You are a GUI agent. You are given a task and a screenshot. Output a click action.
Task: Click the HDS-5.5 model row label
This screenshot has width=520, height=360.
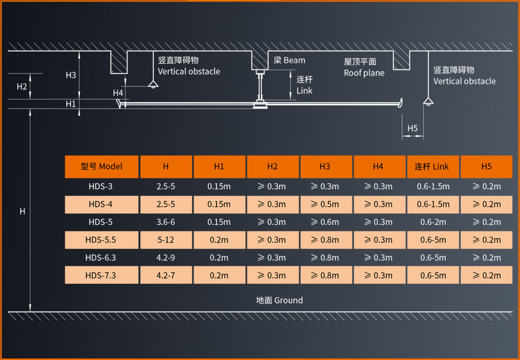pyautogui.click(x=101, y=240)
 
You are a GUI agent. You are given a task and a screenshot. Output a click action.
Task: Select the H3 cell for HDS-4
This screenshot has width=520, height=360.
pyautogui.click(x=325, y=204)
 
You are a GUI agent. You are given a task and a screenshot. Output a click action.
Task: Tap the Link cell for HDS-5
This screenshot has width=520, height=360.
pyautogui.click(x=433, y=222)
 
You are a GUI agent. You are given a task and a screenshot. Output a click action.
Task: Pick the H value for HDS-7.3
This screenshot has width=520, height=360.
pyautogui.click(x=166, y=275)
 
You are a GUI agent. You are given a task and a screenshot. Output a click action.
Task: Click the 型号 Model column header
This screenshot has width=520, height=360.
pyautogui.click(x=101, y=166)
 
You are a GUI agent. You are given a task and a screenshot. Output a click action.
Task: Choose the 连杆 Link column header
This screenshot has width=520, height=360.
pyautogui.click(x=432, y=166)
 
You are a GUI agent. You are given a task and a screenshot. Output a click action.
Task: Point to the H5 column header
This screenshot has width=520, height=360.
pyautogui.click(x=487, y=166)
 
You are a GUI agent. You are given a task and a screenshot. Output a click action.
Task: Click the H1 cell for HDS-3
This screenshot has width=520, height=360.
pyautogui.click(x=219, y=187)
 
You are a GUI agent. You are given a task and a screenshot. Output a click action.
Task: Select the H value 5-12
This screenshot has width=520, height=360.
pyautogui.click(x=166, y=240)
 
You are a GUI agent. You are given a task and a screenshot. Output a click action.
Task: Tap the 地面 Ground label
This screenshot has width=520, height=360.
pyautogui.click(x=279, y=300)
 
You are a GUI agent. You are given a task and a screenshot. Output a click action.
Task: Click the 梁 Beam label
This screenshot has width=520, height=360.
pyautogui.click(x=289, y=60)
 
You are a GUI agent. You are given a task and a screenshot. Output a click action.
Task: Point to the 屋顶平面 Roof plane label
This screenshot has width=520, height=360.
pyautogui.click(x=364, y=67)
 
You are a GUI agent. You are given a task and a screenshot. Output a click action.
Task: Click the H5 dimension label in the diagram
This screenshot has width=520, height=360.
pyautogui.click(x=413, y=128)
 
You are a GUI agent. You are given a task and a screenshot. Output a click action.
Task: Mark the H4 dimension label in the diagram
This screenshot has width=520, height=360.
pyautogui.click(x=118, y=93)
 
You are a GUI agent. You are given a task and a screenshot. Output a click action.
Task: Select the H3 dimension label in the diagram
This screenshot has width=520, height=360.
pyautogui.click(x=71, y=75)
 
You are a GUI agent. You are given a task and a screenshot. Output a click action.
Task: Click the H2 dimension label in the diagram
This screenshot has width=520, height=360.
pyautogui.click(x=22, y=86)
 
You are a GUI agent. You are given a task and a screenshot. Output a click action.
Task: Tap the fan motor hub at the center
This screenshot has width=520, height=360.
pyautogui.click(x=260, y=105)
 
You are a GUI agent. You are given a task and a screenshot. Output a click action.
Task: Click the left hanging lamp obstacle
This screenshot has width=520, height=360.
pyautogui.click(x=153, y=85)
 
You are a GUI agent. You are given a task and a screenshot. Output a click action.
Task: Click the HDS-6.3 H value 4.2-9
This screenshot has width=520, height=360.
pyautogui.click(x=166, y=257)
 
